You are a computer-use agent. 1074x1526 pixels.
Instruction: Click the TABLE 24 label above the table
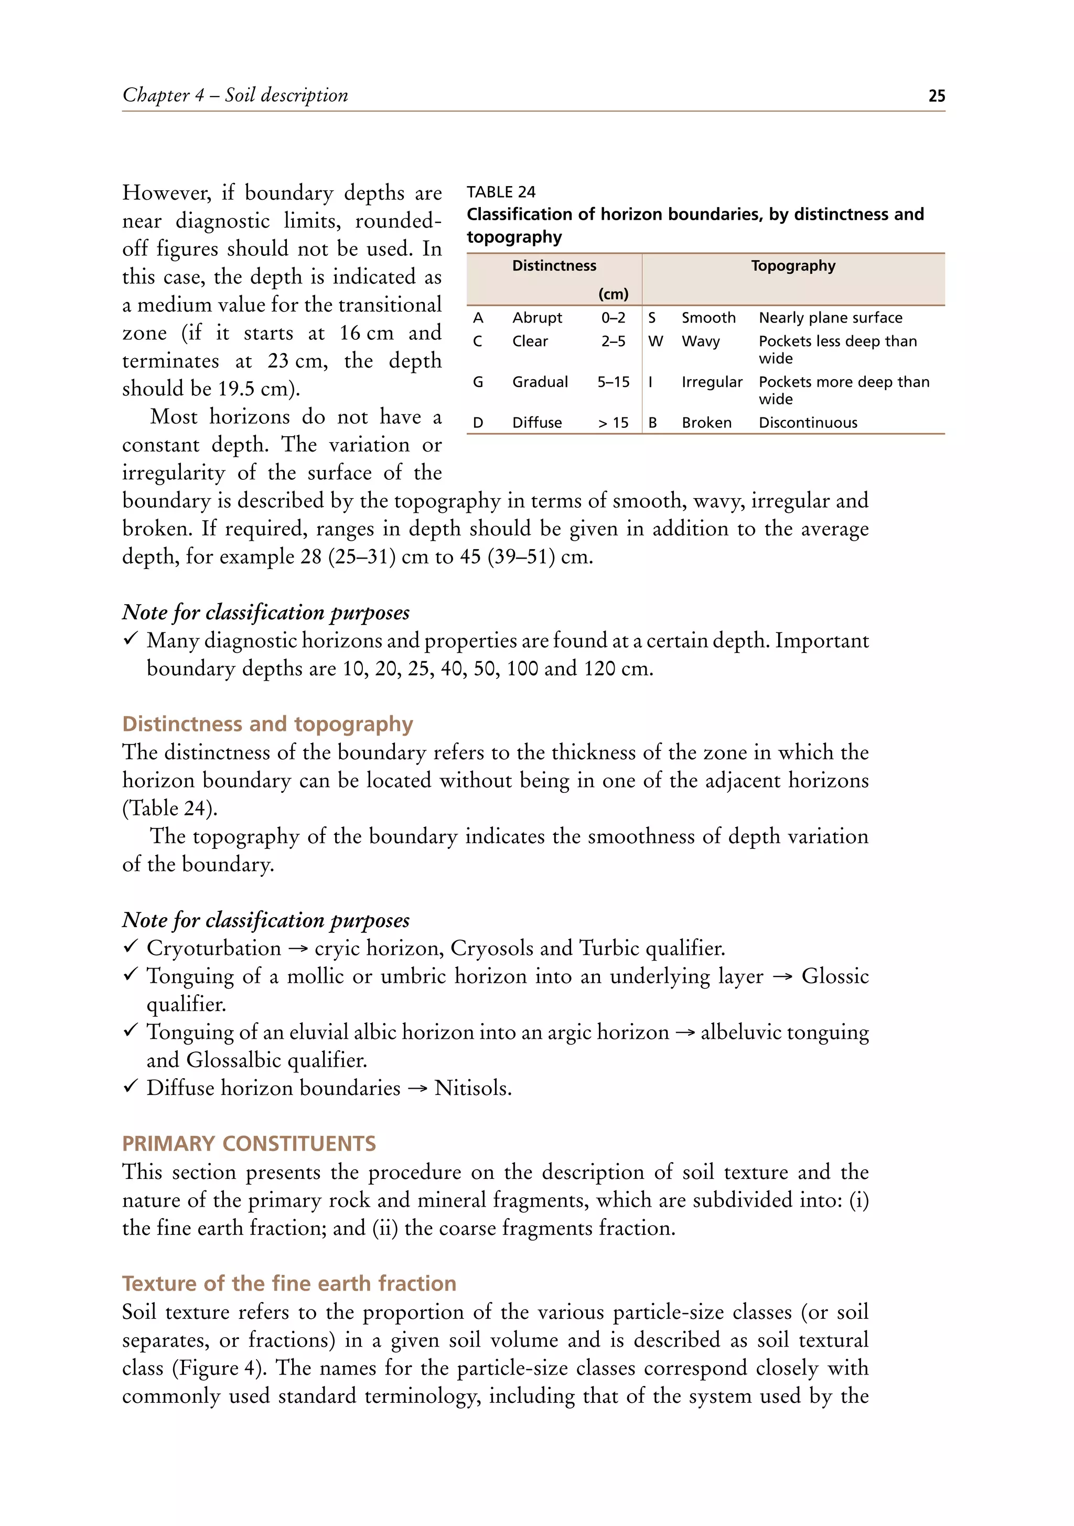(500, 192)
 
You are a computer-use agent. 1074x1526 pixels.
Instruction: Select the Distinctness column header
(554, 266)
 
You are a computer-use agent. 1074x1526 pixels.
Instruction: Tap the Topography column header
(793, 266)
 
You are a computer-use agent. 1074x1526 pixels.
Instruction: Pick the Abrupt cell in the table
(537, 318)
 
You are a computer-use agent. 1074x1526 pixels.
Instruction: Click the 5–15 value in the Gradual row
(613, 382)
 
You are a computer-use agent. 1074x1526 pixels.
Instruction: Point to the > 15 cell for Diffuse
(613, 423)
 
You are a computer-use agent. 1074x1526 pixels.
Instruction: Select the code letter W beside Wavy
(656, 341)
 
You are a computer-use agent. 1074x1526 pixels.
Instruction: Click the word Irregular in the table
(711, 382)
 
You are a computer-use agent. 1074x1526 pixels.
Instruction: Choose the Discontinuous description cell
(808, 423)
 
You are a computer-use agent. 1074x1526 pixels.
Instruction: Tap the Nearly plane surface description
(830, 318)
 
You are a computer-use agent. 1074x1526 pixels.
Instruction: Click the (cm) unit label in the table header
(613, 294)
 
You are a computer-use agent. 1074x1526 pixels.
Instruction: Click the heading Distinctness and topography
(267, 723)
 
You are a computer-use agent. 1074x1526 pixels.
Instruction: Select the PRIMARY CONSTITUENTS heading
(249, 1143)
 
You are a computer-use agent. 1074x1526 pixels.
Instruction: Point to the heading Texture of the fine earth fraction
(289, 1283)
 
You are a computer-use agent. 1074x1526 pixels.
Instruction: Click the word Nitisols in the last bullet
(472, 1088)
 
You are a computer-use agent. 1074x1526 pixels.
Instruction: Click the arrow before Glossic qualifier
(782, 976)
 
